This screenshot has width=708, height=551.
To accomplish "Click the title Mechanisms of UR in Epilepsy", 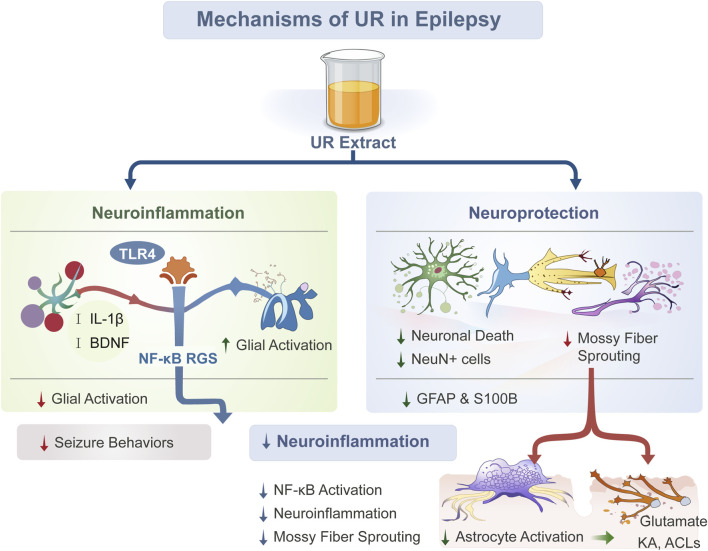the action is [x=349, y=19].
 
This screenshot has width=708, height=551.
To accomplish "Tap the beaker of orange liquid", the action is [x=353, y=89].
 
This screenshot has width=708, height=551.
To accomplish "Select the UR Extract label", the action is [x=353, y=142].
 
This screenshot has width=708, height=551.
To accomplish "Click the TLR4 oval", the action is [x=137, y=253].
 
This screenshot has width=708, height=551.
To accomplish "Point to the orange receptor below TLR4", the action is [x=178, y=270].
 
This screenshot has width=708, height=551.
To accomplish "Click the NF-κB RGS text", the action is [x=178, y=358].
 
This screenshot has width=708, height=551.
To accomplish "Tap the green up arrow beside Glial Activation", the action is [x=226, y=345].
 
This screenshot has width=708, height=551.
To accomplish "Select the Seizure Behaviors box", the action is [x=114, y=442].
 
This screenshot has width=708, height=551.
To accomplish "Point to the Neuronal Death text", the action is [x=462, y=336].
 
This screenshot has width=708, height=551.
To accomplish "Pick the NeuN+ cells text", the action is [x=451, y=359].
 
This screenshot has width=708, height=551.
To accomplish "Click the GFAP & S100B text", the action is [x=467, y=399].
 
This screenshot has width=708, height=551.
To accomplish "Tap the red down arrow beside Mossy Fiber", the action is [x=567, y=339].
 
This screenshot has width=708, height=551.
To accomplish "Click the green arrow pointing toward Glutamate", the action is [x=603, y=537].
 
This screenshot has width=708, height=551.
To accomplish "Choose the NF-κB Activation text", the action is [x=328, y=490].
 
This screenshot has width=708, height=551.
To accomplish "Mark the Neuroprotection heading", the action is [x=534, y=213].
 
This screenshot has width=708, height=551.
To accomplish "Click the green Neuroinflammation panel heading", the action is [x=168, y=213].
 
